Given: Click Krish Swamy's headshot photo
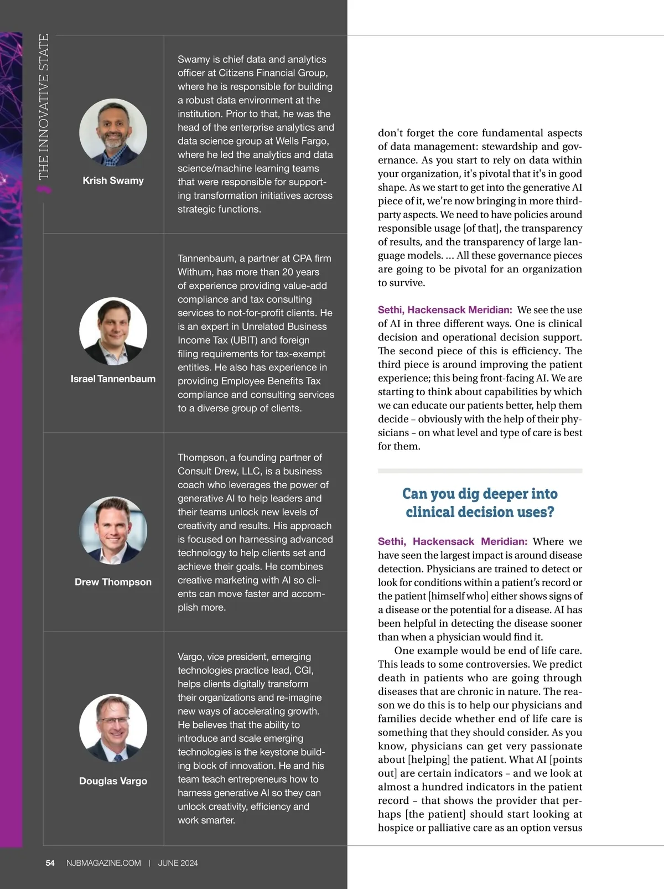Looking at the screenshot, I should tap(113, 133).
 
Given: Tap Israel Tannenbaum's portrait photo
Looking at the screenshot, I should tap(113, 331).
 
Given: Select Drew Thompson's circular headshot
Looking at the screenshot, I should tap(113, 530).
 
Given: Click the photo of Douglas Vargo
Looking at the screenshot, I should tap(113, 728).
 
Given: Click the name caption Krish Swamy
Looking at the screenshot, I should tap(113, 180).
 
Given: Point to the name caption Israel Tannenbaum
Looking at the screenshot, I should tap(113, 379).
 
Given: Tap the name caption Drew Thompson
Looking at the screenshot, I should tap(113, 582).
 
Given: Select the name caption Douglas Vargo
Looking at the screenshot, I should tap(113, 781).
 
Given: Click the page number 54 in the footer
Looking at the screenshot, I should tap(50, 863).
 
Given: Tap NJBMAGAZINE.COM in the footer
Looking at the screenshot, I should tap(103, 863).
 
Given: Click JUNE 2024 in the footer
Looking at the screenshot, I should tap(178, 863).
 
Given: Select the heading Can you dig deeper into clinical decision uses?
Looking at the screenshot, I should tap(480, 503).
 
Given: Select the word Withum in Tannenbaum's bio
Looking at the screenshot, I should tap(194, 272).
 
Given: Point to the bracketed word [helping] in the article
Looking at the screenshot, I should tap(429, 760).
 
